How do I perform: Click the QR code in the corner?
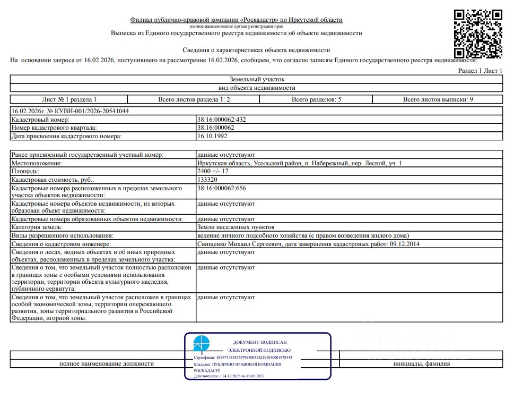click(x=478, y=33)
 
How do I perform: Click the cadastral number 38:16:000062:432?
click(x=221, y=120)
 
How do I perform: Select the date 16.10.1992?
click(x=211, y=136)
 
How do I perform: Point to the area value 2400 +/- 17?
click(x=213, y=172)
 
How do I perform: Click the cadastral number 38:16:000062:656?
click(x=221, y=189)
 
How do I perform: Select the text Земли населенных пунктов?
click(x=236, y=227)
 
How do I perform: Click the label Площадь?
click(x=25, y=172)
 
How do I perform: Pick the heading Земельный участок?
click(x=257, y=79)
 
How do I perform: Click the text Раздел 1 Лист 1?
click(x=480, y=71)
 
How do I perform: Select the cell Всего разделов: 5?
click(x=316, y=99)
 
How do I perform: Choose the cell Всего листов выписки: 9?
click(x=438, y=99)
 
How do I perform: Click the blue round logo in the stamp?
click(x=201, y=344)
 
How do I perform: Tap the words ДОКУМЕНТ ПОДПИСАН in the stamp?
click(x=259, y=342)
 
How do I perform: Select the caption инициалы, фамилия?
click(x=422, y=364)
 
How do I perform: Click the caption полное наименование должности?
click(x=107, y=364)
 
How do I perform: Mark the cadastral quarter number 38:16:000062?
click(x=215, y=128)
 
